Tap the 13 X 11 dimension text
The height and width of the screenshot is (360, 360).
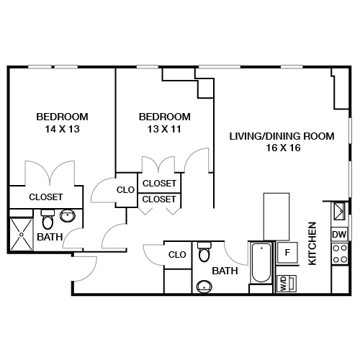pyautogui.click(x=164, y=130)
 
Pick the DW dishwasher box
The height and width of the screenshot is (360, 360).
pyautogui.click(x=338, y=235)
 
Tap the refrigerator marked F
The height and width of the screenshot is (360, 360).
pyautogui.click(x=287, y=252)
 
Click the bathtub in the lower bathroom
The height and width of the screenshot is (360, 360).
pyautogui.click(x=260, y=265)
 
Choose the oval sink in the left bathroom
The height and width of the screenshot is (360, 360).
pyautogui.click(x=68, y=215)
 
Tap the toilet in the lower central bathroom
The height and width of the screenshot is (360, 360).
pyautogui.click(x=204, y=253)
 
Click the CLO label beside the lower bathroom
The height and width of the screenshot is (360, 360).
pyautogui.click(x=177, y=255)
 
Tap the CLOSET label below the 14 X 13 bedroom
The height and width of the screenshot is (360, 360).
pyautogui.click(x=45, y=197)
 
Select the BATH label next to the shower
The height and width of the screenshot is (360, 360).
pyautogui.click(x=49, y=236)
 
